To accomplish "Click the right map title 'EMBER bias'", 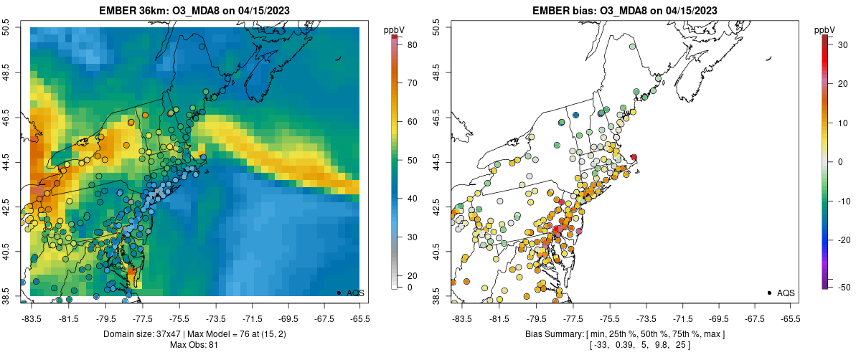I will click(565, 10).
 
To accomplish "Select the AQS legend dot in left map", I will click(338, 293).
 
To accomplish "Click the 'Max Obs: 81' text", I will click(194, 345).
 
